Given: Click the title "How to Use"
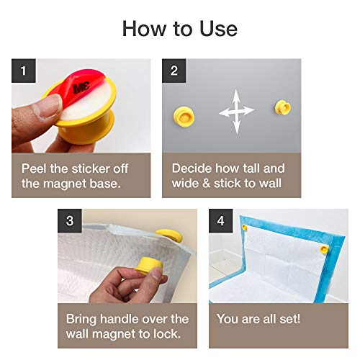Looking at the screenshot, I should click(x=179, y=28).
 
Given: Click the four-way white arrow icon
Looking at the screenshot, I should click(x=236, y=111).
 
